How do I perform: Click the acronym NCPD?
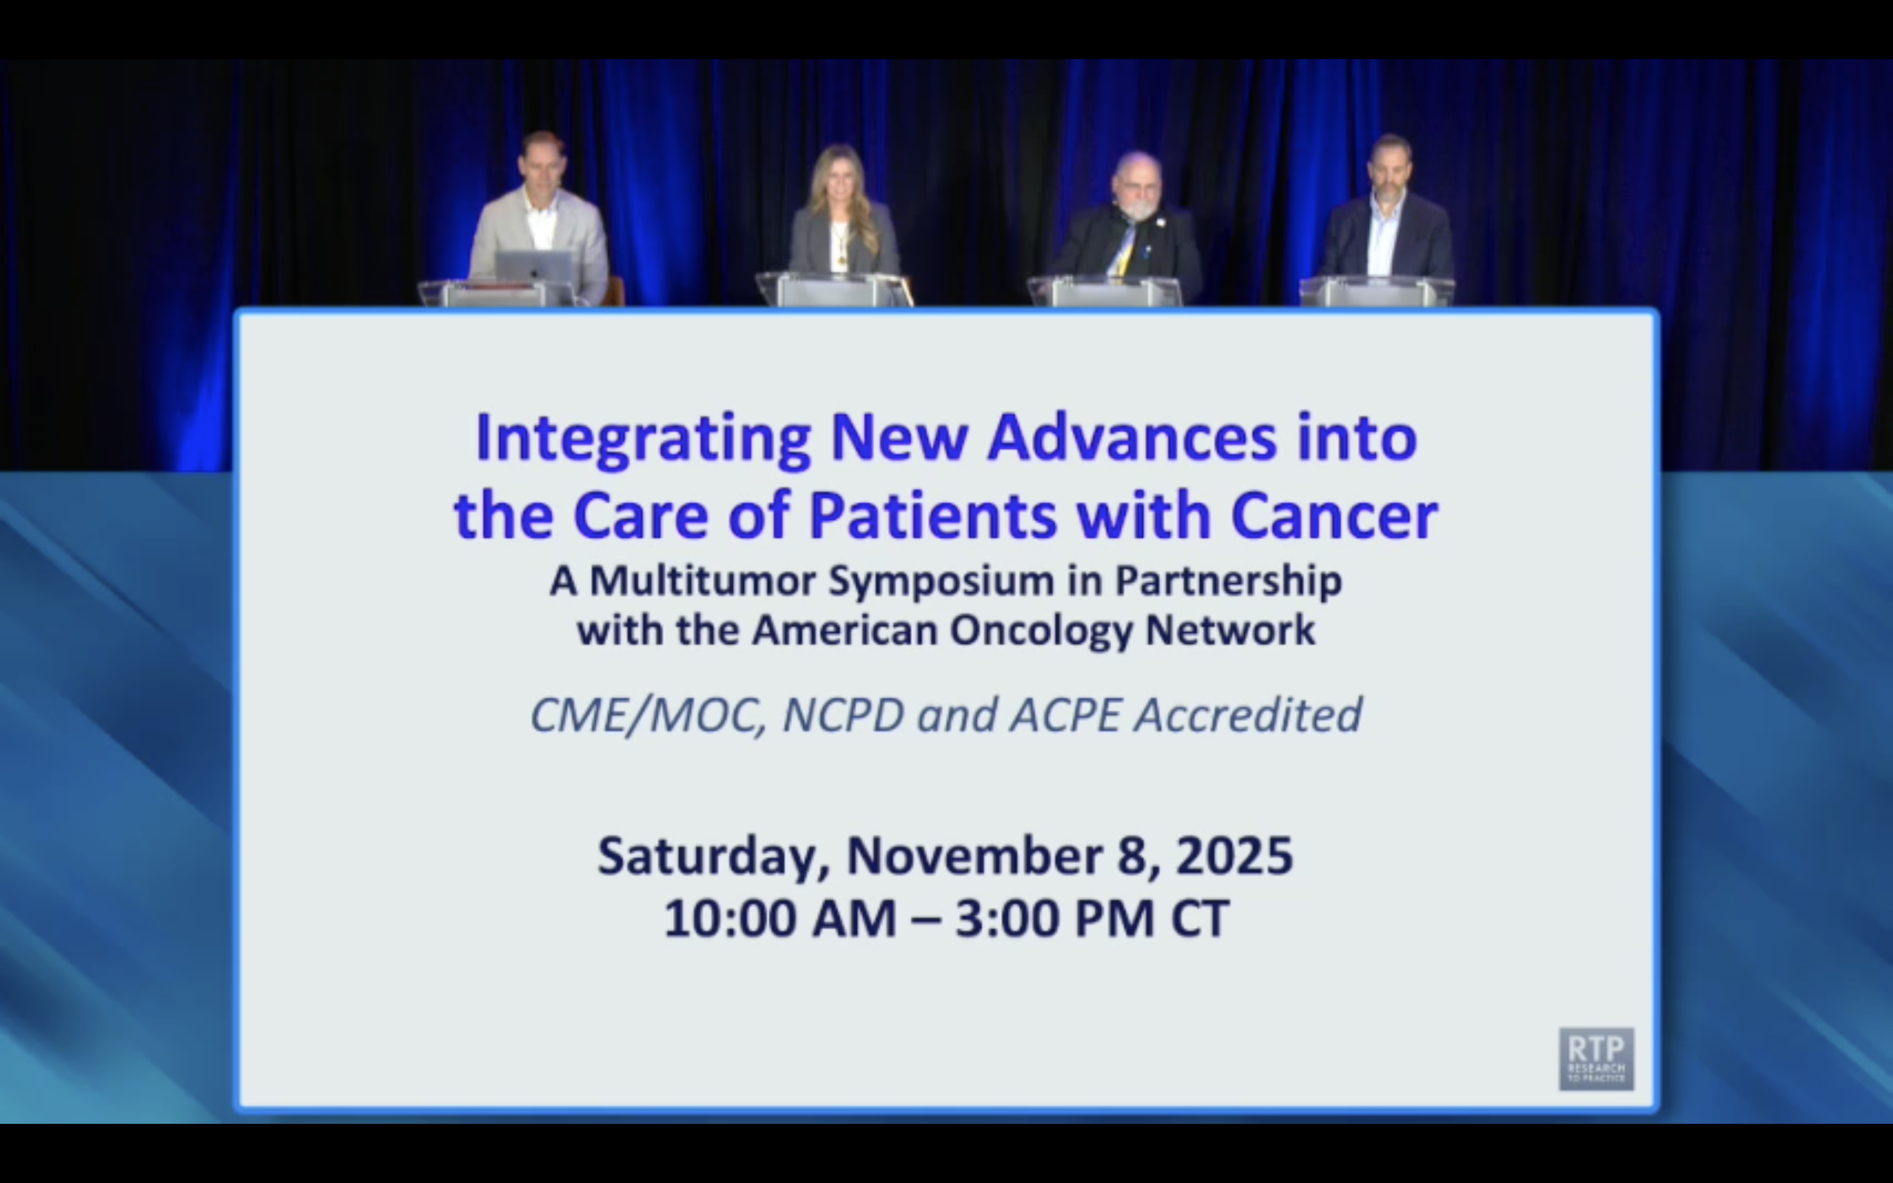point(843,715)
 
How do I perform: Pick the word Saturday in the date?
point(713,856)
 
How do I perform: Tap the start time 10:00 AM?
point(779,919)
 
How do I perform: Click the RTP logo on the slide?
point(1596,1058)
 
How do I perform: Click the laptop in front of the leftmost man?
point(534,266)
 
